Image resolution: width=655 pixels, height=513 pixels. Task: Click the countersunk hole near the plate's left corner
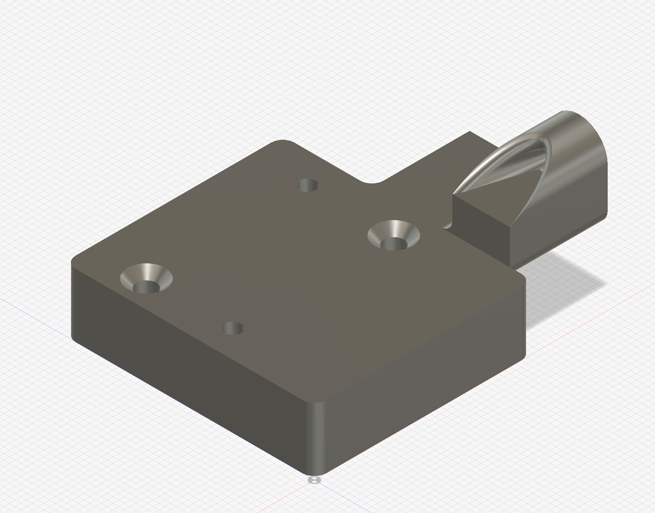click(x=146, y=278)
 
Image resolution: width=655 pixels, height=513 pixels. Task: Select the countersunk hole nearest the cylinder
click(x=393, y=235)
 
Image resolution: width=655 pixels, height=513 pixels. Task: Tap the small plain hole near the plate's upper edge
click(x=307, y=185)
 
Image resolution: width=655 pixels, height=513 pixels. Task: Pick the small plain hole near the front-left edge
click(x=233, y=329)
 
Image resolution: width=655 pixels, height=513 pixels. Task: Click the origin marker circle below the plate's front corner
click(x=314, y=480)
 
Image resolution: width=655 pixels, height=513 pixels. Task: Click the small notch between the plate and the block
click(x=448, y=226)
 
